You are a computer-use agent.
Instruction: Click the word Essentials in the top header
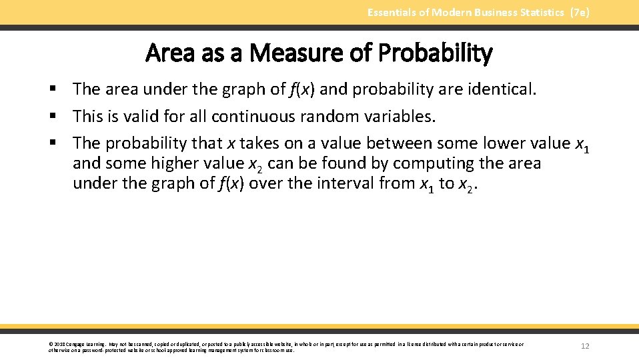[388, 12]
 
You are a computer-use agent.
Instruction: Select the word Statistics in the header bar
[540, 12]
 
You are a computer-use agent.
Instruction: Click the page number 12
[585, 346]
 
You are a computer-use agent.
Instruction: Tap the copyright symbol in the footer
[51, 344]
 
